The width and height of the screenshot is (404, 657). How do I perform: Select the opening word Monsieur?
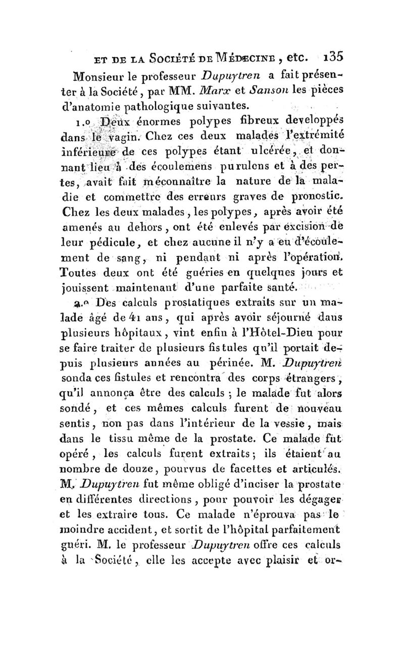point(99,77)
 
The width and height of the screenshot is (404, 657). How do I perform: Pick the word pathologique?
point(160,105)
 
